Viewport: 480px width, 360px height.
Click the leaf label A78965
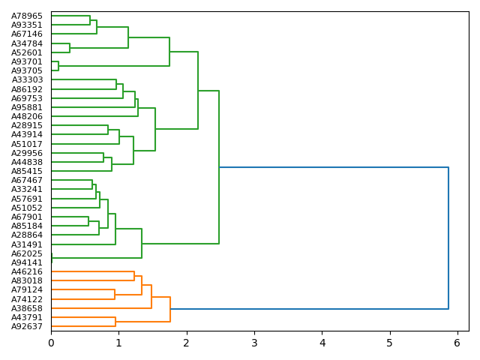pyautogui.click(x=27, y=16)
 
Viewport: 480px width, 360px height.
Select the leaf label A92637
pyautogui.click(x=27, y=326)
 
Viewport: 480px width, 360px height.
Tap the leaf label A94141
pyautogui.click(x=27, y=262)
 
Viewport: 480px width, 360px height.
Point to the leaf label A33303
pyautogui.click(x=27, y=79)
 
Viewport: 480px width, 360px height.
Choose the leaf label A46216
pyautogui.click(x=27, y=271)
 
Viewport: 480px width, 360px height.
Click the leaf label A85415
pyautogui.click(x=27, y=171)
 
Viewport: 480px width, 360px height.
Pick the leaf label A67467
pyautogui.click(x=27, y=180)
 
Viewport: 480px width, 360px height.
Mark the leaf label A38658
pyautogui.click(x=27, y=308)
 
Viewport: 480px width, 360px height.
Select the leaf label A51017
pyautogui.click(x=27, y=144)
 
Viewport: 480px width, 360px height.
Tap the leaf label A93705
pyautogui.click(x=27, y=70)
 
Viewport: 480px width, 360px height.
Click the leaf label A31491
pyautogui.click(x=27, y=244)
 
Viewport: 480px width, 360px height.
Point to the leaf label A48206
pyautogui.click(x=27, y=116)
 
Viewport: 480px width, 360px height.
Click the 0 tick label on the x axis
pyautogui.click(x=51, y=343)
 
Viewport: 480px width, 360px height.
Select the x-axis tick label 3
pyautogui.click(x=254, y=343)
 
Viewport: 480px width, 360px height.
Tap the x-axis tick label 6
pyautogui.click(x=457, y=343)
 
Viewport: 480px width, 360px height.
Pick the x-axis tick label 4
pyautogui.click(x=322, y=343)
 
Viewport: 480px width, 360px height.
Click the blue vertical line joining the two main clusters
pyautogui.click(x=448, y=238)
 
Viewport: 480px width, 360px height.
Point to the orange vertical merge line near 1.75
pyautogui.click(x=170, y=309)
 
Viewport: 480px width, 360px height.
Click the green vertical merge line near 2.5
pyautogui.click(x=219, y=166)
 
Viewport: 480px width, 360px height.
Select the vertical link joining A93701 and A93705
pyautogui.click(x=58, y=66)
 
